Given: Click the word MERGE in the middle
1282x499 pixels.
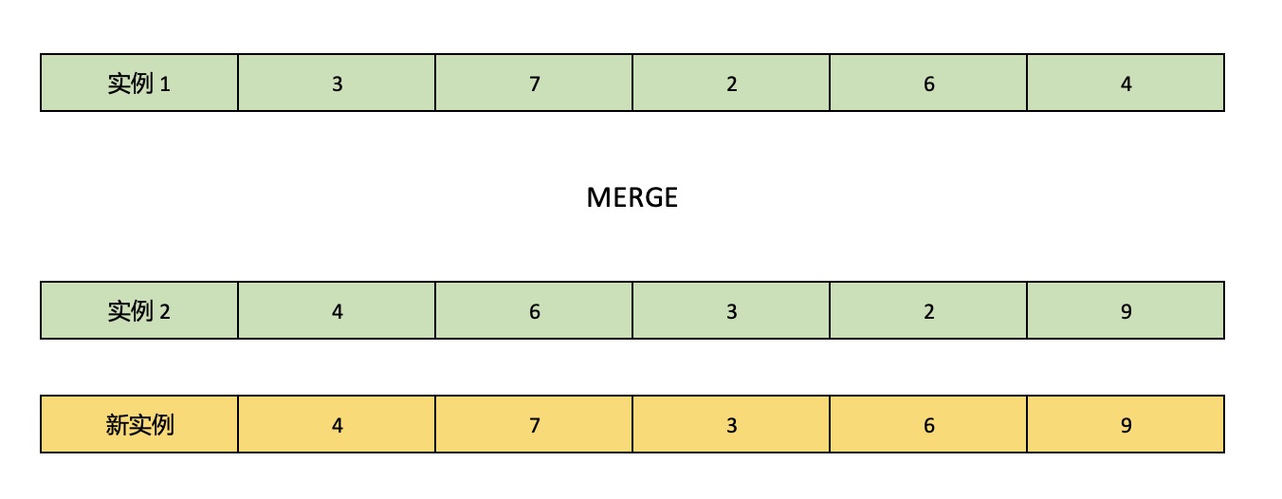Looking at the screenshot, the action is click(x=632, y=197).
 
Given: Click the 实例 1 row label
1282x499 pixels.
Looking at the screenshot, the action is click(x=139, y=83).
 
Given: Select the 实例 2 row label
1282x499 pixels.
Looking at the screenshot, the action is click(x=139, y=311).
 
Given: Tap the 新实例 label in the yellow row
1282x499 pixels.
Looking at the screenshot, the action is click(x=139, y=425).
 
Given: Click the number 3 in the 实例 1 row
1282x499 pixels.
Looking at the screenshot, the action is click(x=338, y=84).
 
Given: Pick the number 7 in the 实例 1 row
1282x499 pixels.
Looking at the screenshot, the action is click(x=535, y=84).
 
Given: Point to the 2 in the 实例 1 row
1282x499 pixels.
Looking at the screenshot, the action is click(x=731, y=84).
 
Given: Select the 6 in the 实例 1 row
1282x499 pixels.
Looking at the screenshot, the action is click(x=929, y=84).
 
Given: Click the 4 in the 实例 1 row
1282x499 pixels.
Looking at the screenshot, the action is click(x=1126, y=84).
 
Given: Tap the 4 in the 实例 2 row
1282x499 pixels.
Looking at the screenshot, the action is click(x=338, y=312).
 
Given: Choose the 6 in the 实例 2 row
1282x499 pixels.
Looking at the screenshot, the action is click(x=535, y=312).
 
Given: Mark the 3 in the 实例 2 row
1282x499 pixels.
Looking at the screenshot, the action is click(x=731, y=312).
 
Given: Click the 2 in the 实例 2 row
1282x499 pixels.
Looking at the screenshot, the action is click(x=929, y=312).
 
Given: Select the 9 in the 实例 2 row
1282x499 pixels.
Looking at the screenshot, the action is click(x=1126, y=312).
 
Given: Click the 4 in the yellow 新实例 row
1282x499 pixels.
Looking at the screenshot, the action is click(x=338, y=426).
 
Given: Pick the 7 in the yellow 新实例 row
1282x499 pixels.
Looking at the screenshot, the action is click(x=535, y=426).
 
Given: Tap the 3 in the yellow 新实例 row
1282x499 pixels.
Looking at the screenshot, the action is click(x=731, y=426).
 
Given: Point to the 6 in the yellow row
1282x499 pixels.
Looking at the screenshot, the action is click(x=929, y=426).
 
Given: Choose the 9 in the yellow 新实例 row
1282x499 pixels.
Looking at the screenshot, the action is click(x=1126, y=426).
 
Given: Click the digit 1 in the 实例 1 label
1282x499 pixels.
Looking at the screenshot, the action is click(x=165, y=84).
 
